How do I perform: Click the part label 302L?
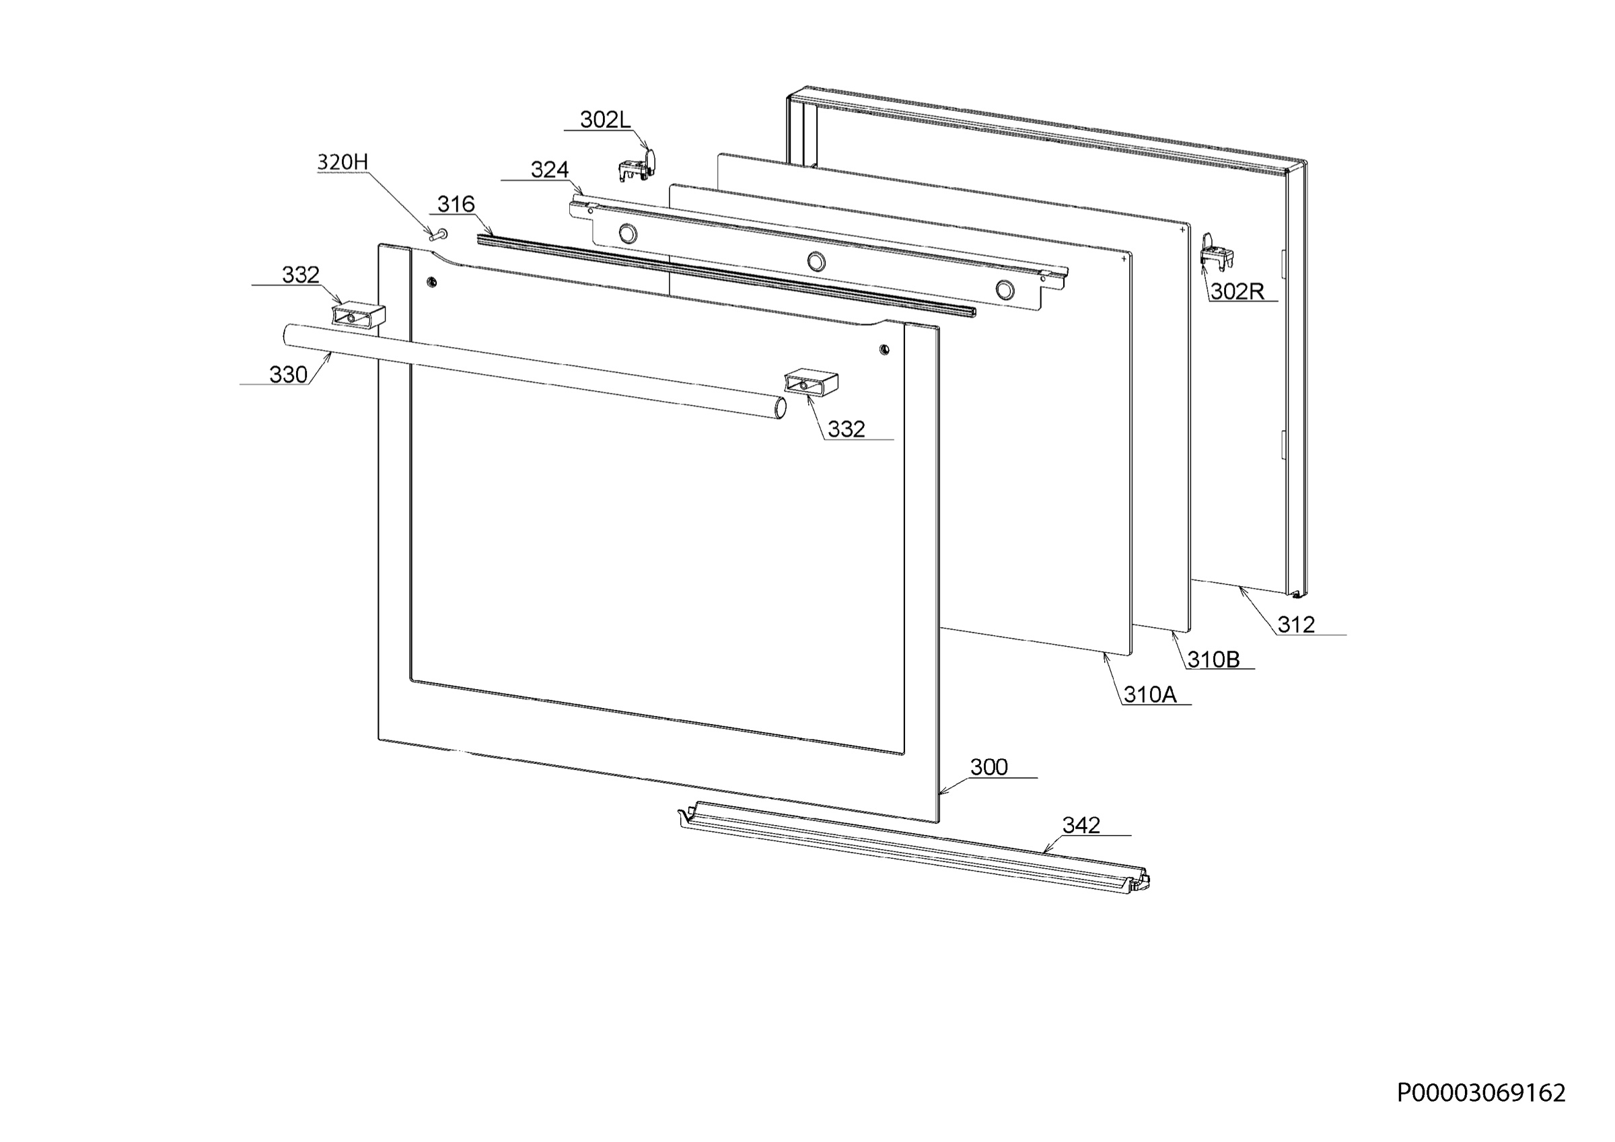pyautogui.click(x=605, y=120)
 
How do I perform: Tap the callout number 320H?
pyautogui.click(x=343, y=163)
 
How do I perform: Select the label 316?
pyautogui.click(x=456, y=204)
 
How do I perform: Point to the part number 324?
pyautogui.click(x=549, y=170)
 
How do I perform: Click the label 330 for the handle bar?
pyautogui.click(x=289, y=374)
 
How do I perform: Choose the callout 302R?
pyautogui.click(x=1237, y=291)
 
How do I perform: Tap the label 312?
pyautogui.click(x=1295, y=624)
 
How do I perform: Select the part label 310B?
pyautogui.click(x=1213, y=659)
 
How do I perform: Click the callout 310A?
pyautogui.click(x=1150, y=694)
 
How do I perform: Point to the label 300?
pyautogui.click(x=989, y=767)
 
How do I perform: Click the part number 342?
pyautogui.click(x=1081, y=824)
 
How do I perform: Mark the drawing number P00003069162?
pyautogui.click(x=1481, y=1093)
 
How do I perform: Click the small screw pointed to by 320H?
pyautogui.click(x=439, y=234)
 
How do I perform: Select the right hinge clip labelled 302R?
pyautogui.click(x=1216, y=252)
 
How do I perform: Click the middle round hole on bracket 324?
pyautogui.click(x=816, y=262)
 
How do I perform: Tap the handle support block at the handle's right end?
pyautogui.click(x=811, y=383)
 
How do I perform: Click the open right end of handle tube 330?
pyautogui.click(x=780, y=408)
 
